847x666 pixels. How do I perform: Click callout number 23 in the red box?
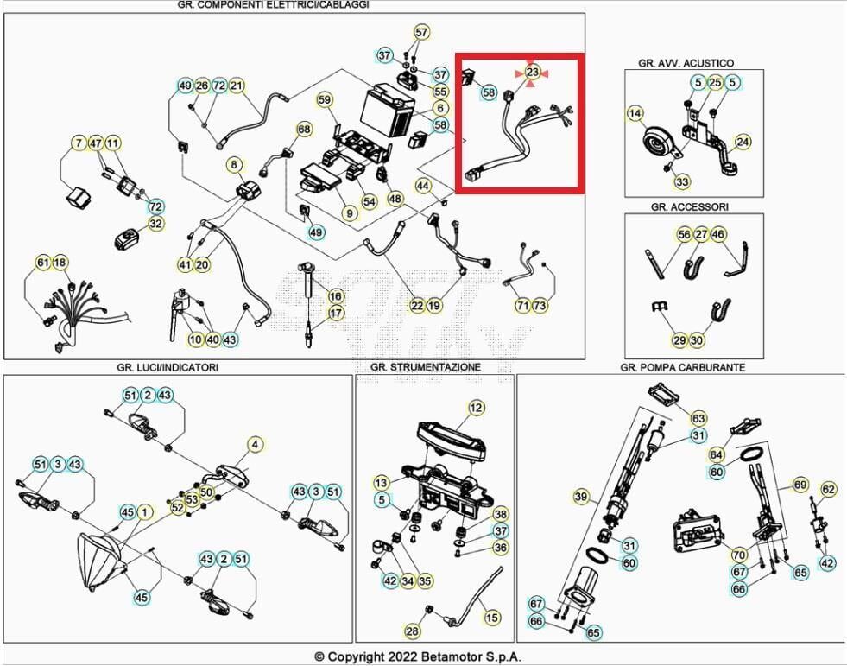pos(532,73)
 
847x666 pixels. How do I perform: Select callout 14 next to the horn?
pos(635,113)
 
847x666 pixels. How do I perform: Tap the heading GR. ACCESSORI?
pos(689,207)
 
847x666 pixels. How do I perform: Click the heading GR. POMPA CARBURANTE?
pos(681,367)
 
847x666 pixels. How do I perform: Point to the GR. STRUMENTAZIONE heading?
pos(425,367)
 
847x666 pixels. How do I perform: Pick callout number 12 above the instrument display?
pos(477,408)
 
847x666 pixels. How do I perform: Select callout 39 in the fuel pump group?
pos(581,497)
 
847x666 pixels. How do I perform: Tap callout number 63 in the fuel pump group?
pos(698,418)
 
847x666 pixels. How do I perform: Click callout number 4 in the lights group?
pos(255,445)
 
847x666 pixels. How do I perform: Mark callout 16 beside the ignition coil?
pos(336,296)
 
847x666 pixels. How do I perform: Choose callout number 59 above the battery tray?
pos(324,99)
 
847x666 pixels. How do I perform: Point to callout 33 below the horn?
pos(682,181)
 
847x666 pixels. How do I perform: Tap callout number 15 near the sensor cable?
pos(491,618)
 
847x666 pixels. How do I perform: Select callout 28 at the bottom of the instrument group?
pos(413,631)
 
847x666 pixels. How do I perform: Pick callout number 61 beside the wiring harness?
pos(43,263)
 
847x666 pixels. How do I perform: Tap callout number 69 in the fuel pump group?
pos(800,485)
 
